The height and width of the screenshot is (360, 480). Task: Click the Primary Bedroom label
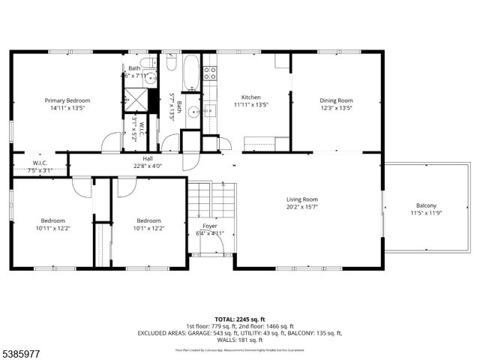coord(67,100)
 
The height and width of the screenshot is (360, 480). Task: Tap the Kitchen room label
coord(250,97)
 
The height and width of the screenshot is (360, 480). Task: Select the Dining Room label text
coord(336,100)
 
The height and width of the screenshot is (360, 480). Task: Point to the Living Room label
coord(302,199)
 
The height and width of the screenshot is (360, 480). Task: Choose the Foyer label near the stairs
coord(210,226)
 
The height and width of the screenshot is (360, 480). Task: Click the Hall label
coord(147,159)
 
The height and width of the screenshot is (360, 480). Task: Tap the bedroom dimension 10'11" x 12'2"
coord(52,228)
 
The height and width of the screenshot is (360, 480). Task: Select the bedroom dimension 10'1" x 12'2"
coord(148,228)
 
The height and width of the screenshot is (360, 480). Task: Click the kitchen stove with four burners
coord(211,73)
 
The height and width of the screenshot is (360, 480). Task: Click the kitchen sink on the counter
coord(210,111)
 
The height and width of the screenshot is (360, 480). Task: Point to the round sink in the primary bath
coord(151,77)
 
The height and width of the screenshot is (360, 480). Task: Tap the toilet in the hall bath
coord(170,64)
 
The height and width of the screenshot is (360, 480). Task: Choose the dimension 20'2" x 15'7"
coord(302,207)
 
